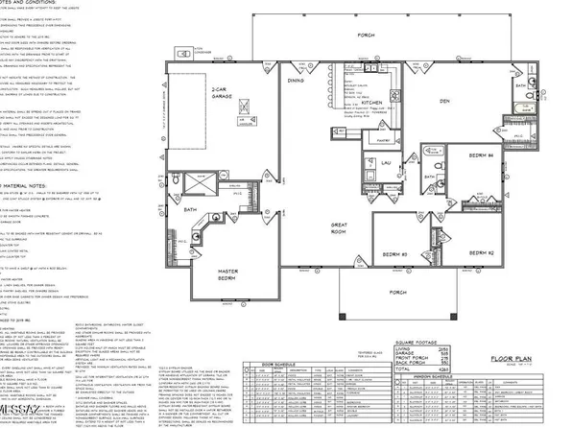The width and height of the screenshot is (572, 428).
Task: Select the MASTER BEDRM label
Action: pyautogui.click(x=227, y=275)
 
